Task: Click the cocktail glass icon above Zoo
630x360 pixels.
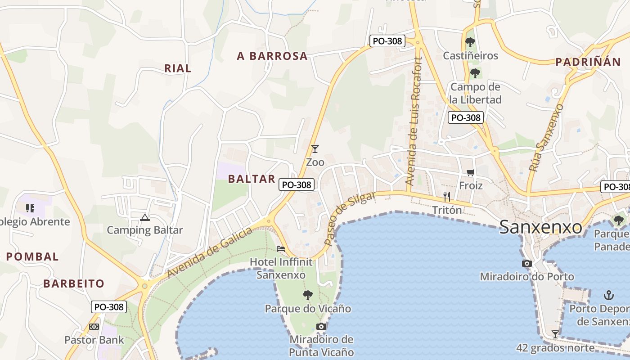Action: tap(315, 148)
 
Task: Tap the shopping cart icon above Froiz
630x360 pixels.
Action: tap(471, 172)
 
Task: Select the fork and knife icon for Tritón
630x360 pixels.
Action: tap(447, 196)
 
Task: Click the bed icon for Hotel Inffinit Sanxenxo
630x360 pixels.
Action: tap(281, 248)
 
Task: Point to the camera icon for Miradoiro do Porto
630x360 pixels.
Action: tap(527, 263)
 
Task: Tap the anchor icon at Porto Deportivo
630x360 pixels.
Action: tap(609, 295)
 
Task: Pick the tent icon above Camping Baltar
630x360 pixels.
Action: tap(144, 218)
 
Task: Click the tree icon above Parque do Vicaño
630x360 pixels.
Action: tap(308, 295)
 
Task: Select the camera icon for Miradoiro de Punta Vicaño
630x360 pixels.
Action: tap(321, 326)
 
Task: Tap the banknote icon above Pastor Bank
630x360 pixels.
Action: tap(94, 327)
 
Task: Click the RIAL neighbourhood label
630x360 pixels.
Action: tap(178, 68)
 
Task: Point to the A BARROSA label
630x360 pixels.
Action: tap(272, 56)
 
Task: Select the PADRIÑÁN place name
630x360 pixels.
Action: tap(588, 62)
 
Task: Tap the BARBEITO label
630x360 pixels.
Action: tap(74, 283)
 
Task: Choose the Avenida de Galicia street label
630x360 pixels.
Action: tap(210, 253)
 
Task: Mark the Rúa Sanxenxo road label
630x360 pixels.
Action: tap(546, 138)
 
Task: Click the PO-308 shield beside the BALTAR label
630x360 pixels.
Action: tap(296, 184)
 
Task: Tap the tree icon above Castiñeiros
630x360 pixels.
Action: tap(470, 43)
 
